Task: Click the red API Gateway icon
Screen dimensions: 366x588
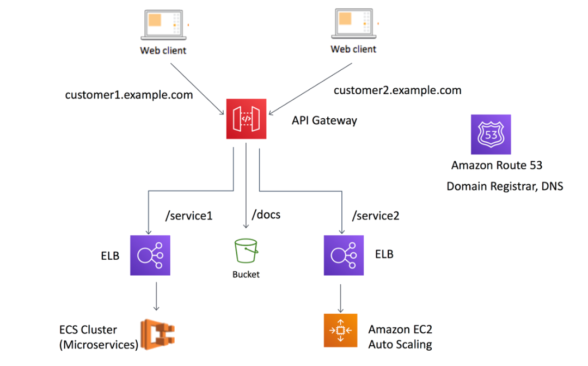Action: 246,119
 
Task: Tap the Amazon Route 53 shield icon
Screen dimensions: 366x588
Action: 491,135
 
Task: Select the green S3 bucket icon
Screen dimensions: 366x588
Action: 246,252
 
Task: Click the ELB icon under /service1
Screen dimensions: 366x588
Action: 150,255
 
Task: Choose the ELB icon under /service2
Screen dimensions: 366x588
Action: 344,255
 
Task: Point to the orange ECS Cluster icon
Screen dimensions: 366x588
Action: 158,333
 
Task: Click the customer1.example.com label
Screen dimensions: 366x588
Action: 128,95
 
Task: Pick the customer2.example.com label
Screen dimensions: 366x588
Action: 397,90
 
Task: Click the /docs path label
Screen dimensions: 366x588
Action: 266,215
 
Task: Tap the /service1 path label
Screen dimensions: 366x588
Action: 188,216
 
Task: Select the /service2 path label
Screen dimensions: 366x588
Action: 376,216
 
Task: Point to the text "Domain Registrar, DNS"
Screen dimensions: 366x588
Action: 505,186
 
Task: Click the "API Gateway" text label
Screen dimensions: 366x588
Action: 324,120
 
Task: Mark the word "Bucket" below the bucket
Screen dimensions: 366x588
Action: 246,274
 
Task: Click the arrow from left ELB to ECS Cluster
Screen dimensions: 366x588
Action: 157,297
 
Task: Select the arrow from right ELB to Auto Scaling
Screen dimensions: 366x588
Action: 341,297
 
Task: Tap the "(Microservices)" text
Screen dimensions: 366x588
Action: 99,344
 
